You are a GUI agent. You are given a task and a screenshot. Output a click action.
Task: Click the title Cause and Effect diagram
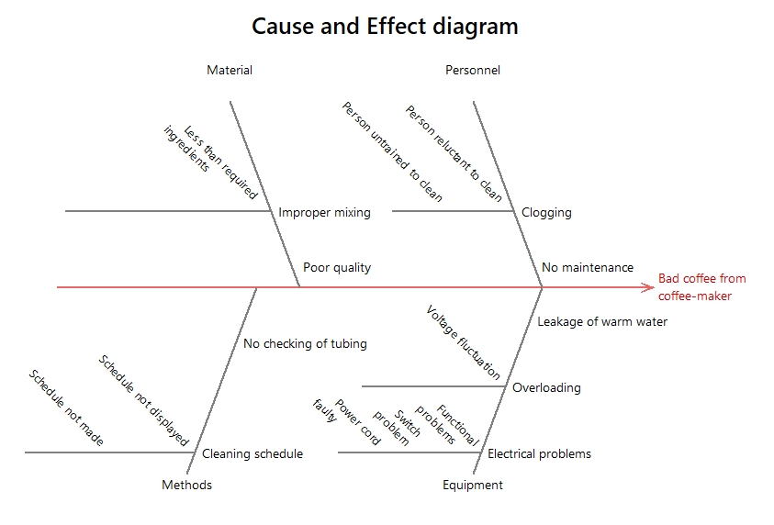(x=385, y=26)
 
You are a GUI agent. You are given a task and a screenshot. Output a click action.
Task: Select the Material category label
(x=230, y=70)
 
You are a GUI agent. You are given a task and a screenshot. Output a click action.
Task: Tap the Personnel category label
(x=473, y=70)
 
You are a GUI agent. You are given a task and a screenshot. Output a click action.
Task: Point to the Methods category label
(x=186, y=485)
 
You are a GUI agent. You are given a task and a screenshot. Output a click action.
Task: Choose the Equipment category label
(x=473, y=485)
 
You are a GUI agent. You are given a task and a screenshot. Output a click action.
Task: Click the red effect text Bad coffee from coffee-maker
(x=701, y=286)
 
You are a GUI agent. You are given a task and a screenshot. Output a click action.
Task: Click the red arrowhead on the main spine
(x=647, y=287)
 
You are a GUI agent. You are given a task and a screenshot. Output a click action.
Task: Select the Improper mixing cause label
(x=324, y=212)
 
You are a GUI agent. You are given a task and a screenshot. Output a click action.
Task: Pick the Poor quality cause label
(x=337, y=267)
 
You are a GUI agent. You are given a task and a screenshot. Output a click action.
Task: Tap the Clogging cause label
(x=546, y=212)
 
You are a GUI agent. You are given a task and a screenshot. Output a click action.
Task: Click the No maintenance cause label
(x=587, y=267)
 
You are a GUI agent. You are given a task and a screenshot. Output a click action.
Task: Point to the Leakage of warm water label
(x=602, y=321)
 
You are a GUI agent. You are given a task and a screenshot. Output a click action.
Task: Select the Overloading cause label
(x=546, y=387)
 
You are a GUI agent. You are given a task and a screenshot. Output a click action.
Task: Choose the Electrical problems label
(x=539, y=453)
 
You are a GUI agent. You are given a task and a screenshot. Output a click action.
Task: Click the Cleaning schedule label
(x=252, y=453)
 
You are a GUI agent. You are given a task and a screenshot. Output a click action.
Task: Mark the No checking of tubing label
(x=305, y=343)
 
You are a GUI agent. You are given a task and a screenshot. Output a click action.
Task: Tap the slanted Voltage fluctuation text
(x=464, y=342)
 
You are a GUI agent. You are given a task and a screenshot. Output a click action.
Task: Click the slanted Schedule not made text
(x=66, y=408)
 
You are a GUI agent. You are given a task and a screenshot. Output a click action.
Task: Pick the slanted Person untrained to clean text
(x=392, y=151)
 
